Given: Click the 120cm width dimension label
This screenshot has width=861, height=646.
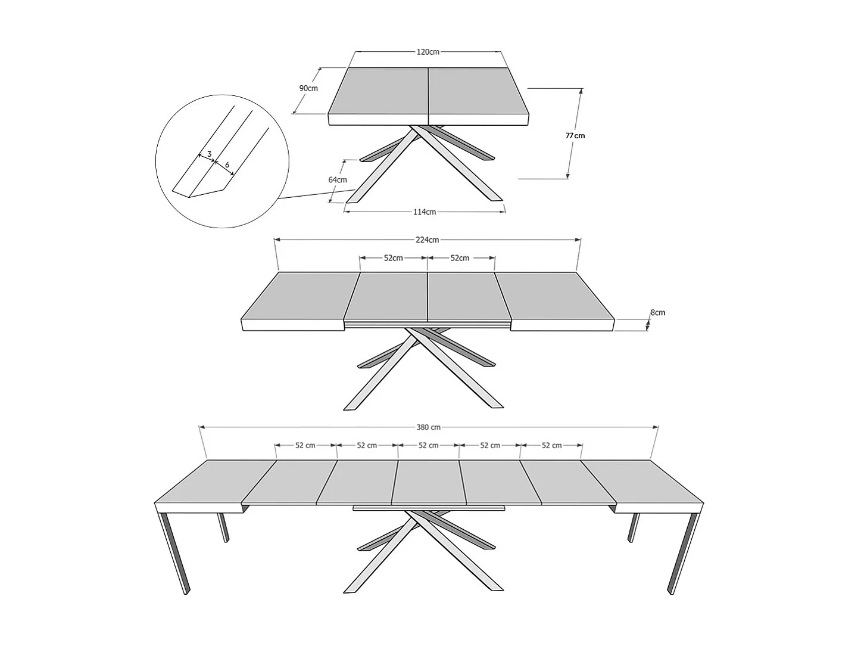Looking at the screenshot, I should pyautogui.click(x=428, y=52).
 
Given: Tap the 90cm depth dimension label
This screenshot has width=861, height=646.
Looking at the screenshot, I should pyautogui.click(x=308, y=88).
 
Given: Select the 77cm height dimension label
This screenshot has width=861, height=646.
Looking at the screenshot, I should pyautogui.click(x=575, y=135).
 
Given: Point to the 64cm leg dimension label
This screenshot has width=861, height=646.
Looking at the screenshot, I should pyautogui.click(x=338, y=180).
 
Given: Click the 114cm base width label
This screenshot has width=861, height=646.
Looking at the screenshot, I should pyautogui.click(x=425, y=212).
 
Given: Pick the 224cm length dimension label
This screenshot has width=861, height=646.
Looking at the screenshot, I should pyautogui.click(x=428, y=240).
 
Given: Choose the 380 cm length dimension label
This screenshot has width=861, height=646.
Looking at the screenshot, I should pyautogui.click(x=429, y=427).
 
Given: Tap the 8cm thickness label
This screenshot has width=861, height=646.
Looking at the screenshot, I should pyautogui.click(x=657, y=312).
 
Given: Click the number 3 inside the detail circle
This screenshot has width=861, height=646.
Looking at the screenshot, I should pyautogui.click(x=210, y=154).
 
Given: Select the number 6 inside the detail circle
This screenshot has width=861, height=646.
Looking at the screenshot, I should pyautogui.click(x=227, y=164).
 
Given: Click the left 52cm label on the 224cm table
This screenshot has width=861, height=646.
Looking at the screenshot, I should pyautogui.click(x=393, y=258).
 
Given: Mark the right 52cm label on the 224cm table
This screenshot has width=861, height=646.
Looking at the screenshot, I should pyautogui.click(x=460, y=258).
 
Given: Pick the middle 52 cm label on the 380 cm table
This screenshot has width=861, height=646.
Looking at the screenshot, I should pyautogui.click(x=429, y=445).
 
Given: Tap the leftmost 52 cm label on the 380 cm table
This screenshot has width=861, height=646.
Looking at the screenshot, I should pyautogui.click(x=305, y=445).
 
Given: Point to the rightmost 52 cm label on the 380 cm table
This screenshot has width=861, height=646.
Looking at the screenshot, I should pyautogui.click(x=552, y=445).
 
